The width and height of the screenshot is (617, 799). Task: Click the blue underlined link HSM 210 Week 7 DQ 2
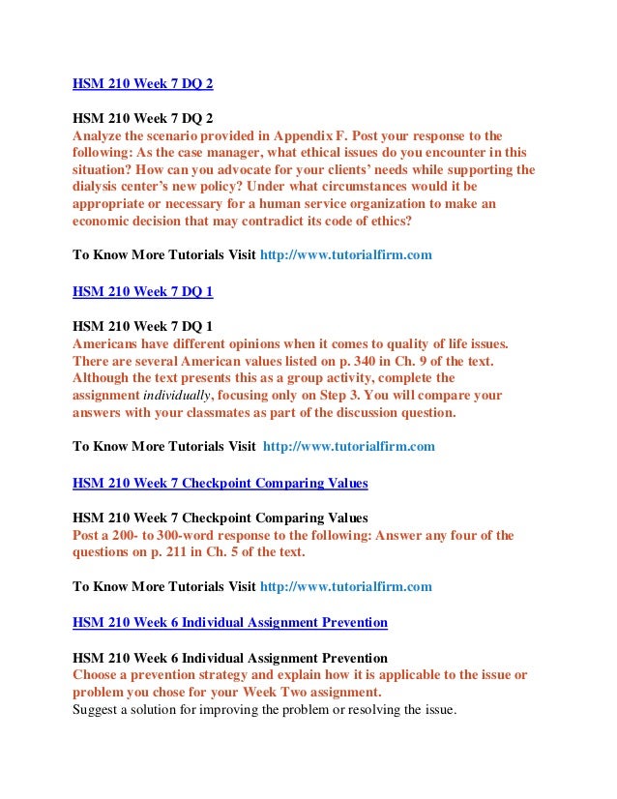(143, 83)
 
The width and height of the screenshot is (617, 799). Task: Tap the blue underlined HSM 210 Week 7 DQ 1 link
(143, 289)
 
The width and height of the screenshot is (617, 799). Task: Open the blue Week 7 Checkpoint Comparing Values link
(220, 482)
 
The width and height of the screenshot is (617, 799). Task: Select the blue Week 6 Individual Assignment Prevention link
(230, 622)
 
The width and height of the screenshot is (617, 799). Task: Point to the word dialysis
(98, 187)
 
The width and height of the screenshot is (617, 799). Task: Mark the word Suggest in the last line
(98, 710)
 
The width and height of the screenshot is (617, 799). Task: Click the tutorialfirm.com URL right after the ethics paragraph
(345, 255)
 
